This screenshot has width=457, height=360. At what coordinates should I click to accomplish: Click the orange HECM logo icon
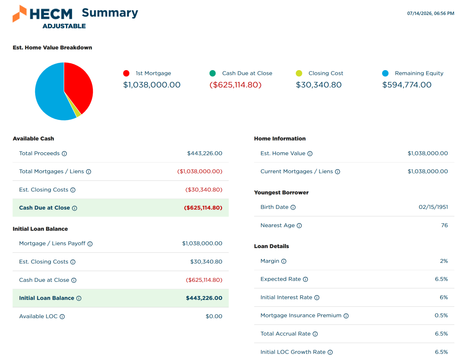point(19,14)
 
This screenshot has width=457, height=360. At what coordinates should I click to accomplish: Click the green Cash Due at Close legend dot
point(213,73)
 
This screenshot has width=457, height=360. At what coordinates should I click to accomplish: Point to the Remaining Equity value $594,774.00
point(407,85)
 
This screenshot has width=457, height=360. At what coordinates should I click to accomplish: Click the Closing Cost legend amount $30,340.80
point(319,85)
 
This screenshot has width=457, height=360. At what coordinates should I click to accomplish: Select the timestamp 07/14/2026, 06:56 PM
point(431,13)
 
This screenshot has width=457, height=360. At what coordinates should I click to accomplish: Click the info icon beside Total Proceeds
point(64,153)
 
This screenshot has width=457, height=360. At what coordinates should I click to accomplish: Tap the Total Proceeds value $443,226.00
point(204,153)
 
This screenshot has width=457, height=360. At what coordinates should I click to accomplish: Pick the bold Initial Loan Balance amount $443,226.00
point(204,298)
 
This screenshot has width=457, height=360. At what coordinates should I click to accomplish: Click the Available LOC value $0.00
point(214,316)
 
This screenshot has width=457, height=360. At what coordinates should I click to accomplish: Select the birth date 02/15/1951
point(433,207)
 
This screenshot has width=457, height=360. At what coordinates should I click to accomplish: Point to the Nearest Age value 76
point(445,225)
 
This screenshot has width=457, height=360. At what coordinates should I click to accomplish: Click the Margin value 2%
point(444,261)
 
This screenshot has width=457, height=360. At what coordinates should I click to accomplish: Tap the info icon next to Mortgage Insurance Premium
point(346,316)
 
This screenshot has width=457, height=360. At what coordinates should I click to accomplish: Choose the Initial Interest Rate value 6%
point(444,297)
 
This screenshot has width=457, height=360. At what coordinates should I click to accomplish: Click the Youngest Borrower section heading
point(281,192)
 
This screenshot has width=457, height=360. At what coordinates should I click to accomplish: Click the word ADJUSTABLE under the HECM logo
point(64,26)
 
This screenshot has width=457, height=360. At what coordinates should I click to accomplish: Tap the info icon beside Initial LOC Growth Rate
point(330,352)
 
